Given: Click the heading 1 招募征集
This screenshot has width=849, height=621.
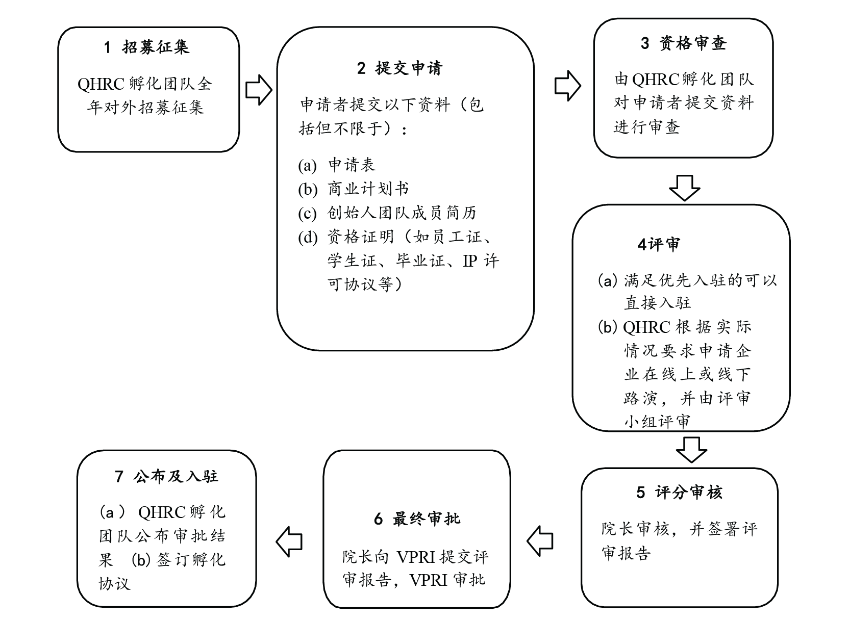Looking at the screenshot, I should coord(146,47).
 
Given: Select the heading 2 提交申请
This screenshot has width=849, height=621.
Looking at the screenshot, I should coord(399,68).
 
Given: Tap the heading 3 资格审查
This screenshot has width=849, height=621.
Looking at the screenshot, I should coord(683,43).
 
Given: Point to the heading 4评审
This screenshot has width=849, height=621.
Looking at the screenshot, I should coord(659,245).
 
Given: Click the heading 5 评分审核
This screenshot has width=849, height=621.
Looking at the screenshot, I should coord(679,493).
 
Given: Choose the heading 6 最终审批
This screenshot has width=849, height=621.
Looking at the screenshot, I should coord(417,519).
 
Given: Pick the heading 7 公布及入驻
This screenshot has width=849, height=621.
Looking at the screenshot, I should coord(167,476).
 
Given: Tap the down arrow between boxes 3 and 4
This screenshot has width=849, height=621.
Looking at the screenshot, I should coord(684,187).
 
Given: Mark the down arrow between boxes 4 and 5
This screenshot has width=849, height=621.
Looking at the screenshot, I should coord(691,449).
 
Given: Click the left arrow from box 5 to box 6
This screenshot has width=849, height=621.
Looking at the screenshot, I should coord(540,541).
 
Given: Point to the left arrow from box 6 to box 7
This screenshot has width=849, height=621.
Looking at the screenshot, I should coord(289,541).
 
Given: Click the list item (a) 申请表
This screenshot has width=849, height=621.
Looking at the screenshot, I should coord(337,165).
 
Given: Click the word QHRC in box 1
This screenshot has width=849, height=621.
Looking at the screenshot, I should coord(101,84).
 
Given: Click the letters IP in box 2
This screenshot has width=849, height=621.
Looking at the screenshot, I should coord(469,261).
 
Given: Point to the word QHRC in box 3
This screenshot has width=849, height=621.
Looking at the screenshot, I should coord(656,80).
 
